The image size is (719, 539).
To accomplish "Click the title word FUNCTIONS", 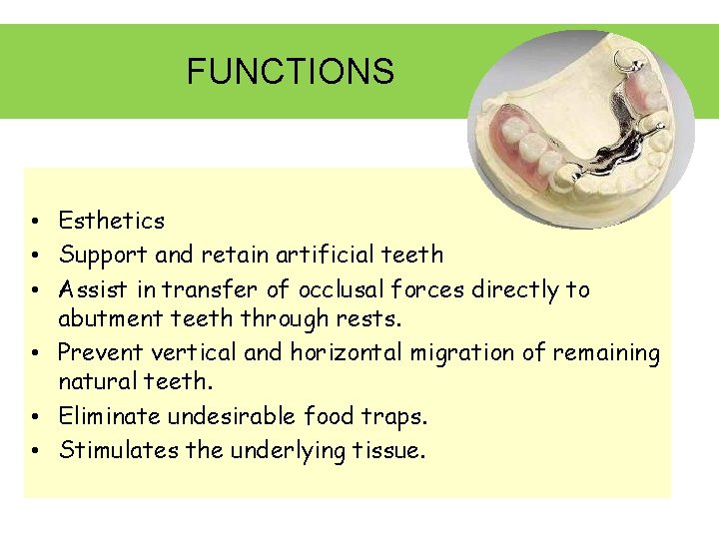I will tap(290, 72).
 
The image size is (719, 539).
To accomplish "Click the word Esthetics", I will tap(111, 221).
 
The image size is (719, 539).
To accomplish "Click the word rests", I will tap(372, 318).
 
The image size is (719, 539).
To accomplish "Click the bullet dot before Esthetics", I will tap(34, 222).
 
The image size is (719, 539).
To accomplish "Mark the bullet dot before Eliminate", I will tap(34, 416).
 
